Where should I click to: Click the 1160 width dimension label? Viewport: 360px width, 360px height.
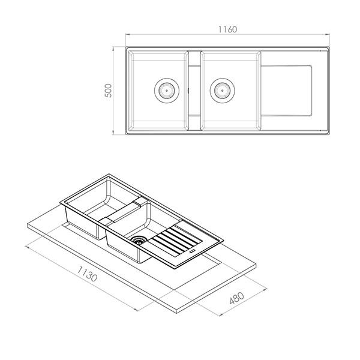point(227,29)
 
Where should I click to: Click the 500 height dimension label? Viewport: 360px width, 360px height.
point(108,91)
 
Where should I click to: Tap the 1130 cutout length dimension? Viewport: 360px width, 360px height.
point(87,274)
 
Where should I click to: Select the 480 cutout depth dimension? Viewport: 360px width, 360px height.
point(237,298)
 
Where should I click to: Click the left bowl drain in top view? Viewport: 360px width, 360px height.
point(166,91)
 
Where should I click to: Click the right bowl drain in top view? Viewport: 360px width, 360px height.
point(222,91)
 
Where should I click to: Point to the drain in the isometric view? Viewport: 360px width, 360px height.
point(139,240)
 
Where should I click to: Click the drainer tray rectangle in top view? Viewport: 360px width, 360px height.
point(286,91)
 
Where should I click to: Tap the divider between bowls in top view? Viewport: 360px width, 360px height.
point(194,91)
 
